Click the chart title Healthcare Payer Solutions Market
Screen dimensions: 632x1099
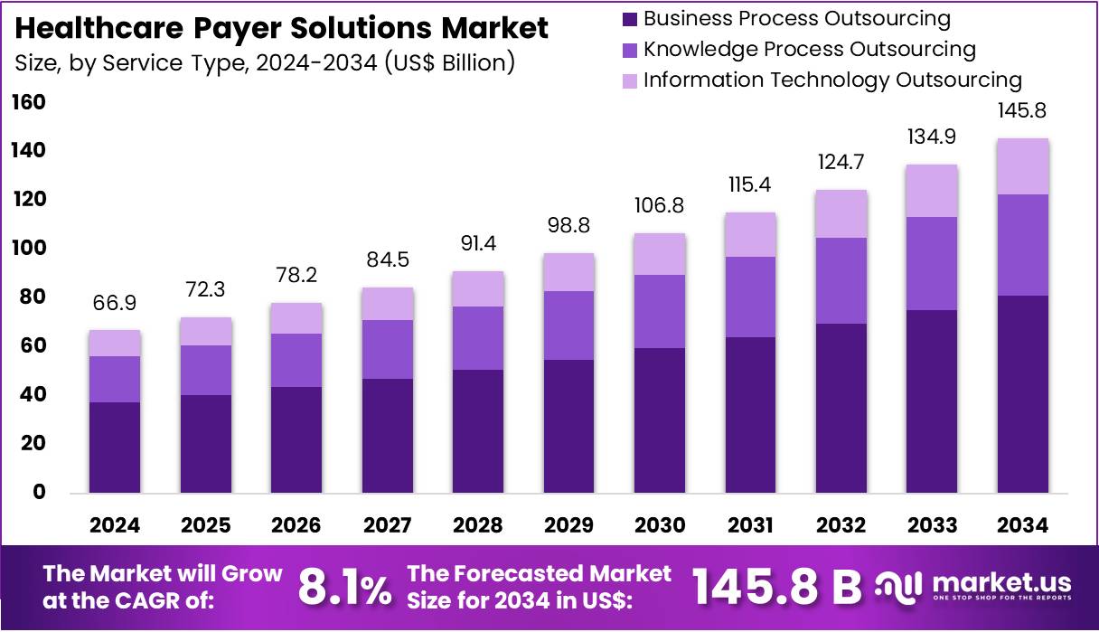[x=282, y=28]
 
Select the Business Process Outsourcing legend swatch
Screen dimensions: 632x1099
[x=629, y=18]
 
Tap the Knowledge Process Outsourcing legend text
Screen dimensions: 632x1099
[x=809, y=49]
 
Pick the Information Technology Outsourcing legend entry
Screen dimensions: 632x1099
[x=831, y=80]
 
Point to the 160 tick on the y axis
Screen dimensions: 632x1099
[x=28, y=102]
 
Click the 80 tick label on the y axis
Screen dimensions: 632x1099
[x=28, y=297]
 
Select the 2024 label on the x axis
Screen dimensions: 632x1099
[x=114, y=525]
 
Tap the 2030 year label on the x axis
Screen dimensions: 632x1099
[x=660, y=525]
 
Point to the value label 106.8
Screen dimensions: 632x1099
[x=660, y=205]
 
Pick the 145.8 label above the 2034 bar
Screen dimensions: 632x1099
[x=1023, y=111]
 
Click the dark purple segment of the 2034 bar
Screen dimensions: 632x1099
[x=1023, y=393]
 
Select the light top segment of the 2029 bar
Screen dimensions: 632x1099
[x=568, y=272]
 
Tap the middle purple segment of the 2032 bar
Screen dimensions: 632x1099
[x=841, y=280]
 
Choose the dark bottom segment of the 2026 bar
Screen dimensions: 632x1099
[x=296, y=439]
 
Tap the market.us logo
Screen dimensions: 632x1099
[x=976, y=586]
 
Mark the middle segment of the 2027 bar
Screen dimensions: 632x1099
[x=387, y=349]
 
